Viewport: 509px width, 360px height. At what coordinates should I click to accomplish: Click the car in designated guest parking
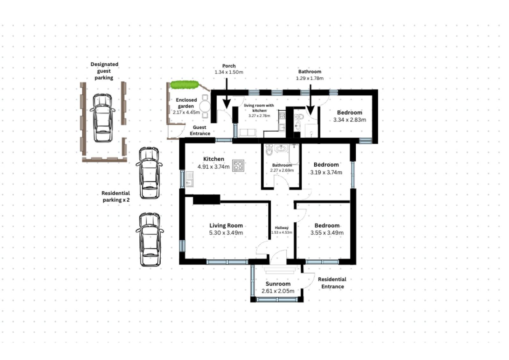pyautogui.click(x=103, y=118)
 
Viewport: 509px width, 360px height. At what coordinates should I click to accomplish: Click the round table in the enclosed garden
pyautogui.click(x=205, y=106)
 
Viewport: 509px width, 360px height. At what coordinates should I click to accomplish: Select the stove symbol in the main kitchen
pyautogui.click(x=238, y=166)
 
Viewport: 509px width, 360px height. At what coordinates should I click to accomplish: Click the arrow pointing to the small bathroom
pyautogui.click(x=310, y=100)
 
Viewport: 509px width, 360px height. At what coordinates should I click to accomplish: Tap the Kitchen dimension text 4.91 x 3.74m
pyautogui.click(x=213, y=167)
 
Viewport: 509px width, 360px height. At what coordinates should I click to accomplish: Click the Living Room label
pyautogui.click(x=226, y=225)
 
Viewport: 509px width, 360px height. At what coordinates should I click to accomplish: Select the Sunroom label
pyautogui.click(x=278, y=284)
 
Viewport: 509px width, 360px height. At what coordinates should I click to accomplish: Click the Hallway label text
pyautogui.click(x=282, y=228)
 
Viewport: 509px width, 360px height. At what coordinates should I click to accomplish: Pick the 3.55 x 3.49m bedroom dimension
pyautogui.click(x=327, y=232)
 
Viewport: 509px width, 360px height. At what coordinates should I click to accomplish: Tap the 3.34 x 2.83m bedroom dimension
pyautogui.click(x=350, y=120)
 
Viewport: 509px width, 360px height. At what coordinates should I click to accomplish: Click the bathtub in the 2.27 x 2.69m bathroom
pyautogui.click(x=294, y=154)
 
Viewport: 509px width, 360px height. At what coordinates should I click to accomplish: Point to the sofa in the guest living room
pyautogui.click(x=248, y=133)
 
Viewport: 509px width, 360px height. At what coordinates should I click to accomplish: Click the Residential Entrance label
pyautogui.click(x=332, y=283)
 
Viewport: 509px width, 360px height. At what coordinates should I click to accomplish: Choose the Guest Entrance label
pyautogui.click(x=200, y=130)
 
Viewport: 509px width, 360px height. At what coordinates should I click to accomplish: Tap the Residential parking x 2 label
pyautogui.click(x=116, y=197)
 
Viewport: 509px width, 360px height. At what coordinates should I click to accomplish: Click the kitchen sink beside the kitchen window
pyautogui.click(x=190, y=179)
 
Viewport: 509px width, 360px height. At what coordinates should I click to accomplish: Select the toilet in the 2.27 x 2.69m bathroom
pyautogui.click(x=269, y=150)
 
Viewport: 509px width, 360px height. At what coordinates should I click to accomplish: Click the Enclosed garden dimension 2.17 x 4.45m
pyautogui.click(x=186, y=112)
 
